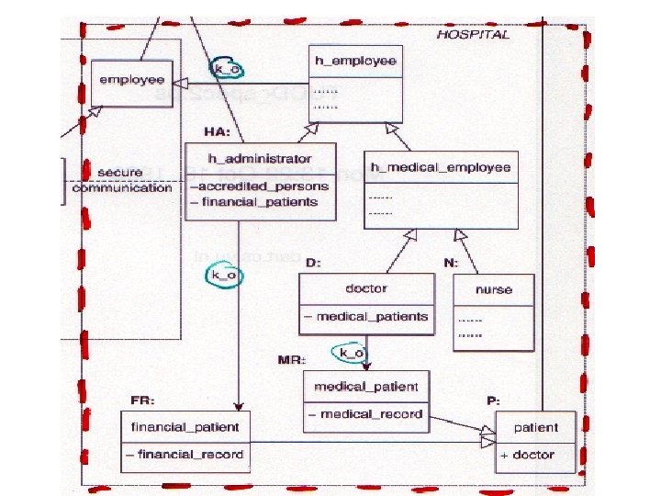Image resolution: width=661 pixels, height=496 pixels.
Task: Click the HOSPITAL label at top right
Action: pyautogui.click(x=473, y=34)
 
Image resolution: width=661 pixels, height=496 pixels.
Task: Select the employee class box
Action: pyautogui.click(x=131, y=80)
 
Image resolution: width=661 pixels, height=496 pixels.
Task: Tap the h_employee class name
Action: pyautogui.click(x=355, y=61)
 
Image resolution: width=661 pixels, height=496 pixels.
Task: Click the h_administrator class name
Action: pyautogui.click(x=261, y=159)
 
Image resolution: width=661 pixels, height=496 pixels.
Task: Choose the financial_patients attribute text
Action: pyautogui.click(x=256, y=202)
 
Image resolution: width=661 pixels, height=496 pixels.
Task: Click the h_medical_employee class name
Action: pyautogui.click(x=441, y=167)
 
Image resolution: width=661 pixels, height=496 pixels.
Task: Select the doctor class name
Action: pyautogui.click(x=366, y=288)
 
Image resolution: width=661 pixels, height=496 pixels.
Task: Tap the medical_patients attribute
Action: pyautogui.click(x=366, y=317)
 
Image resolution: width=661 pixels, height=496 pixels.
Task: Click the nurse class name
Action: pyautogui.click(x=494, y=289)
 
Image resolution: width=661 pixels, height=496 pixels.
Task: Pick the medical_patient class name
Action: pyautogui.click(x=366, y=386)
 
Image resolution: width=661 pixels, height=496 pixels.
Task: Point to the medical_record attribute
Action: pyautogui.click(x=365, y=413)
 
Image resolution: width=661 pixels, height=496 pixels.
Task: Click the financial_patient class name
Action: pyautogui.click(x=185, y=426)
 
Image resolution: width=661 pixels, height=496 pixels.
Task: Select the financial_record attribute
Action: pyautogui.click(x=185, y=454)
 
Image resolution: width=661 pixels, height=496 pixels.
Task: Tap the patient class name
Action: pyautogui.click(x=535, y=427)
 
